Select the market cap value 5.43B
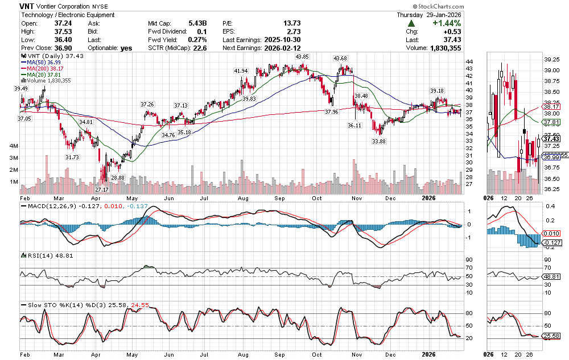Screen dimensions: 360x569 coord(197,23)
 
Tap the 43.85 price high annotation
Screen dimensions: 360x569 coord(302,57)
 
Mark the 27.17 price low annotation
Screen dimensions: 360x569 coord(102,189)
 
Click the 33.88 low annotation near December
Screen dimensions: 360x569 coord(379,141)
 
